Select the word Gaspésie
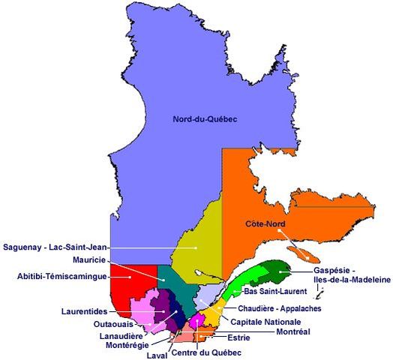[334, 270]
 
